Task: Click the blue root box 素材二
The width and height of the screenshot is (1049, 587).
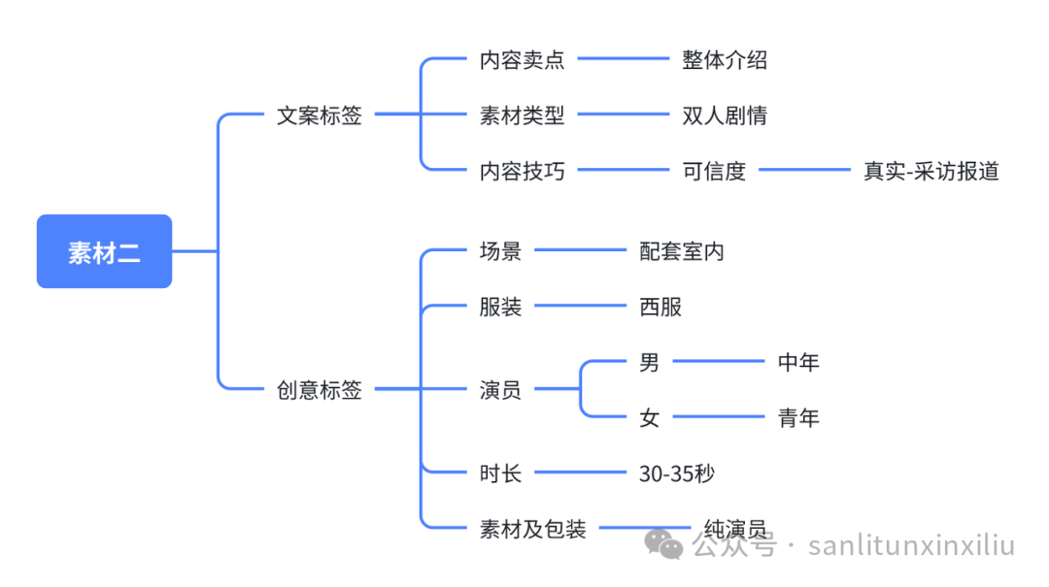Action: click(x=104, y=251)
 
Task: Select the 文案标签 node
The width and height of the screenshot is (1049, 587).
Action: click(x=320, y=115)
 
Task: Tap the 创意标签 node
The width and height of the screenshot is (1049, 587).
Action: click(x=320, y=390)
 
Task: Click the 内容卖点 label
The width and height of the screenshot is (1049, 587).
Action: click(x=522, y=60)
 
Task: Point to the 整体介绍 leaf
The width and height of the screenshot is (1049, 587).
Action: click(x=725, y=60)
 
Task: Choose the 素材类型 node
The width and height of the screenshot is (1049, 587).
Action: click(x=522, y=115)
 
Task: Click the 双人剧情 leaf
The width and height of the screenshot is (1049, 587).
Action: click(x=725, y=115)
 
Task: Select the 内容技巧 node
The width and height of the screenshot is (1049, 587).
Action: click(x=522, y=171)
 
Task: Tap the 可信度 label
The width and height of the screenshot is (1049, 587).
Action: click(x=714, y=171)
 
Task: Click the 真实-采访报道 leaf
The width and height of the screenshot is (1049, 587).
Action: click(x=931, y=171)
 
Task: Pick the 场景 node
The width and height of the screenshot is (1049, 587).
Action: click(x=500, y=251)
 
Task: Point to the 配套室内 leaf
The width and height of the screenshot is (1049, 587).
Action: click(x=682, y=251)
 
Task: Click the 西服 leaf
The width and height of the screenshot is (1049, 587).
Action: click(x=660, y=307)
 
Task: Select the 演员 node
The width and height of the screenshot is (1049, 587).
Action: click(x=500, y=390)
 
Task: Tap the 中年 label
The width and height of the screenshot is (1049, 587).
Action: click(x=798, y=362)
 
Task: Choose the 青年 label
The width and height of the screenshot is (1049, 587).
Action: click(x=798, y=418)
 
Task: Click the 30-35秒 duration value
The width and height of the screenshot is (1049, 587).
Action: click(x=677, y=473)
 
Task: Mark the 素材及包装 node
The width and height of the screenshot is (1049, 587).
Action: click(x=533, y=529)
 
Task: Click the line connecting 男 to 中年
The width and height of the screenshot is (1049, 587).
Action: click(x=719, y=362)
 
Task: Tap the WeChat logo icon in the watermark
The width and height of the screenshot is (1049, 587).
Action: click(x=665, y=544)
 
